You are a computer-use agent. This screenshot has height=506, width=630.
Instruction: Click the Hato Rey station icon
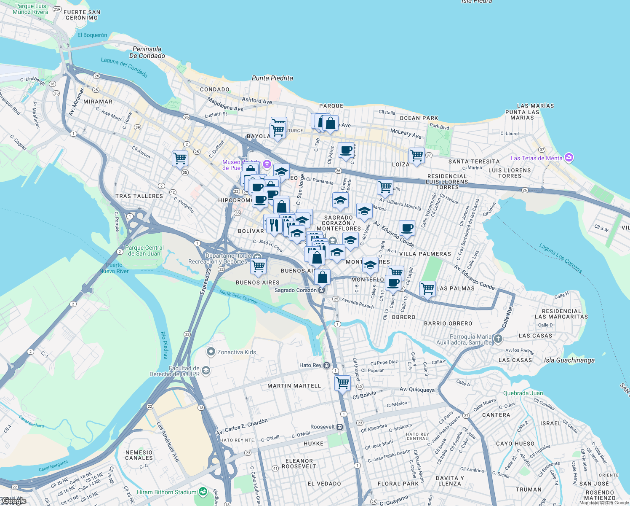tap(327, 366)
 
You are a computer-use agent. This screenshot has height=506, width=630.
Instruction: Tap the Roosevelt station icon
tap(340, 427)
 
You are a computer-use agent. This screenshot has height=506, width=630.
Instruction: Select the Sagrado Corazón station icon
tap(322, 290)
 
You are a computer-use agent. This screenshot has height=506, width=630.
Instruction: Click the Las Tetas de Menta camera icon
tap(569, 158)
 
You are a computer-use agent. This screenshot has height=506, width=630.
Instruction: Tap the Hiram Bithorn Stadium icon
tap(203, 492)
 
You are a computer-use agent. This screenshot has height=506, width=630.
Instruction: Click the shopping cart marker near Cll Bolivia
tap(342, 383)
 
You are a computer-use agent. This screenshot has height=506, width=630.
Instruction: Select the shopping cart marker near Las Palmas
tap(427, 289)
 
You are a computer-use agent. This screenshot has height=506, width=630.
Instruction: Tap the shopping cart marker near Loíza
tap(416, 155)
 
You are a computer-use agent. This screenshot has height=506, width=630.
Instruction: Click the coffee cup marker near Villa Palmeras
tap(407, 228)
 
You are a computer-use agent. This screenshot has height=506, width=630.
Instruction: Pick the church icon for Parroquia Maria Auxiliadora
tap(498, 339)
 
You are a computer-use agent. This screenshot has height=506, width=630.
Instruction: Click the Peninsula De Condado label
tap(147, 52)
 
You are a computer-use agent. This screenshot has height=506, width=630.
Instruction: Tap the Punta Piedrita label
tap(272, 78)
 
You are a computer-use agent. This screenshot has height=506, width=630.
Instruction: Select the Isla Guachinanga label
tap(569, 360)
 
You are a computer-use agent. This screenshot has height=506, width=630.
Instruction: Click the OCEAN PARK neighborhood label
tap(419, 118)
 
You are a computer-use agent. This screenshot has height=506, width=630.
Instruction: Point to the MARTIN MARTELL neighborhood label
tap(294, 386)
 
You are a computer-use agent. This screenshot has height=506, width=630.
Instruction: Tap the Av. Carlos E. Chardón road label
tap(242, 428)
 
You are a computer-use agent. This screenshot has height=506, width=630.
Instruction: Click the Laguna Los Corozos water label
tap(561, 258)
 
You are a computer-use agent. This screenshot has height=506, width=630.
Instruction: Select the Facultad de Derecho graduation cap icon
tap(206, 371)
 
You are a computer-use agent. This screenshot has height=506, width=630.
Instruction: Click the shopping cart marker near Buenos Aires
tap(258, 266)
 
